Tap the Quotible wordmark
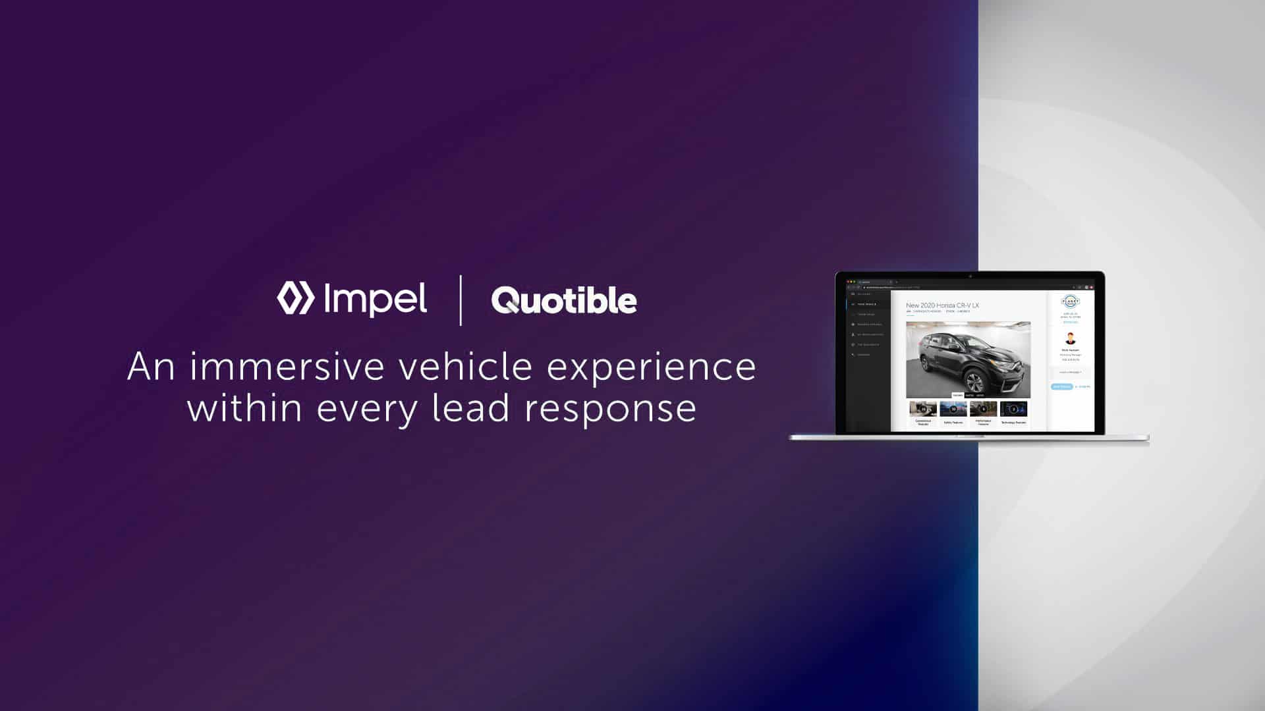[x=564, y=300]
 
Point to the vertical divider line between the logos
[x=460, y=300]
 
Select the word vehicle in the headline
[x=465, y=367]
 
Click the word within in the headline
[x=244, y=408]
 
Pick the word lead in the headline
[x=470, y=408]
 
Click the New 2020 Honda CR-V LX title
[x=942, y=305]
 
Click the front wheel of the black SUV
[x=969, y=382]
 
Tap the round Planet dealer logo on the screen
[x=1070, y=302]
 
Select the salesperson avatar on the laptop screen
[x=1070, y=339]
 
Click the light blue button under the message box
[x=1061, y=386]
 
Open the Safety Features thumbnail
[x=953, y=409]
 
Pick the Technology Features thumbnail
[x=1013, y=409]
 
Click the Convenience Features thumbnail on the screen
[x=923, y=409]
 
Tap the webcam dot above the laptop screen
[x=970, y=276]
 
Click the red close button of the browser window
[x=848, y=282]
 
